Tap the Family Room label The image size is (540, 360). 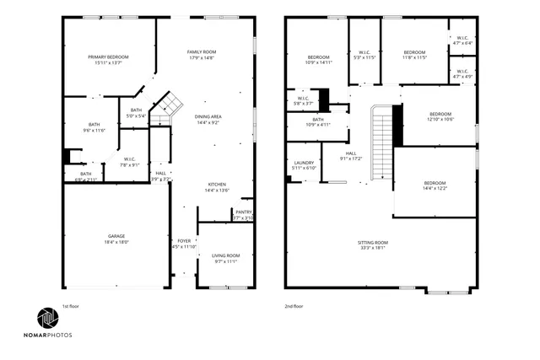pyautogui.click(x=202, y=52)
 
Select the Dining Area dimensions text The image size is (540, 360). pyautogui.click(x=208, y=123)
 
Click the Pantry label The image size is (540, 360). pyautogui.click(x=243, y=212)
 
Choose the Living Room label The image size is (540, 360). pyautogui.click(x=225, y=255)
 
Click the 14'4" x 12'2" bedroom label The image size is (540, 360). pyautogui.click(x=435, y=183)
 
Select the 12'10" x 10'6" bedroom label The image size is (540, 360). pyautogui.click(x=440, y=114)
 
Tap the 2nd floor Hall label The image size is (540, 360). pyautogui.click(x=350, y=153)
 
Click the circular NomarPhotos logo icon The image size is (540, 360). pyautogui.click(x=46, y=319)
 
